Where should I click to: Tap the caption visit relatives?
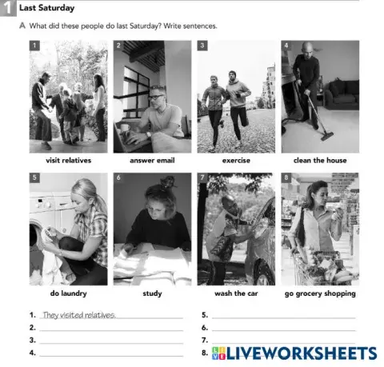tap(68, 160)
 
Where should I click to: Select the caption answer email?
tap(152, 160)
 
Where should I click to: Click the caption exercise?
tap(236, 160)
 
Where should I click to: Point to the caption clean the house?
tap(320, 160)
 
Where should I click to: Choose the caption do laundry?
tap(68, 293)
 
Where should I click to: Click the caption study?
tap(152, 293)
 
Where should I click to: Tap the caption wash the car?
tap(236, 293)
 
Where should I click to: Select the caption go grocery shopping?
tap(320, 293)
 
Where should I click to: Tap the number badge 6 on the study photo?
tap(118, 178)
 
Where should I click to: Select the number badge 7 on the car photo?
tap(202, 178)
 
